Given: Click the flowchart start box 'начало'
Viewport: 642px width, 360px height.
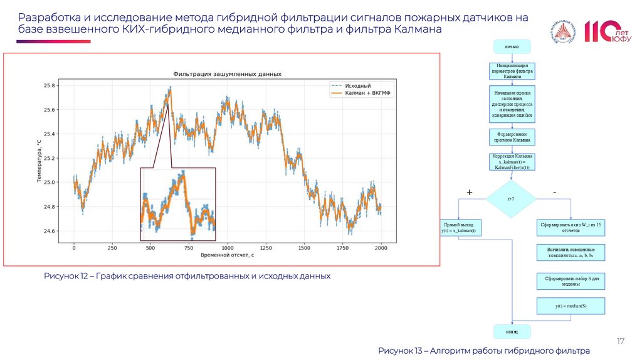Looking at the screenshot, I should (x=512, y=46).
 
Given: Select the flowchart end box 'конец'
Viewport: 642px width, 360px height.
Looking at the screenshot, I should (x=512, y=331).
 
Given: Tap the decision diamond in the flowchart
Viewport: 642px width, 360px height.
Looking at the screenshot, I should (x=512, y=199).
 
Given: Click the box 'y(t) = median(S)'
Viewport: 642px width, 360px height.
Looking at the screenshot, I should (x=571, y=305).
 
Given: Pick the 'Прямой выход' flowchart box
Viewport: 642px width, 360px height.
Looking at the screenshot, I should (x=458, y=227).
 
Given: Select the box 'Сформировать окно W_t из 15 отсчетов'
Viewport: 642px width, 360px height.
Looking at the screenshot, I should (x=571, y=227).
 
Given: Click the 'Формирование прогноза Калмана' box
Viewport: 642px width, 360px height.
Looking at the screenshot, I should (x=512, y=137).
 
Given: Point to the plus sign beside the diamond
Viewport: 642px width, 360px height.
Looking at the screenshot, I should (x=469, y=191).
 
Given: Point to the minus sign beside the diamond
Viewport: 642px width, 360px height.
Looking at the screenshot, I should (x=554, y=191).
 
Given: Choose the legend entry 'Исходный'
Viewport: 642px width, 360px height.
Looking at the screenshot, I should (x=357, y=85).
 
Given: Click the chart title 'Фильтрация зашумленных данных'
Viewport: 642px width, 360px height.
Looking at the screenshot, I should (x=227, y=74).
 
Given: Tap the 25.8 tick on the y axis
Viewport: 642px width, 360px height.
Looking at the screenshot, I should (x=49, y=85).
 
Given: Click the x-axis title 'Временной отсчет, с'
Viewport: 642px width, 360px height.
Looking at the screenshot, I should (x=227, y=256).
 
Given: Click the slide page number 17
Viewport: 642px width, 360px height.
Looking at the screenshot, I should (x=621, y=341).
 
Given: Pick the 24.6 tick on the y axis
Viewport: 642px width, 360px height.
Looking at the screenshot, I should (x=49, y=231).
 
